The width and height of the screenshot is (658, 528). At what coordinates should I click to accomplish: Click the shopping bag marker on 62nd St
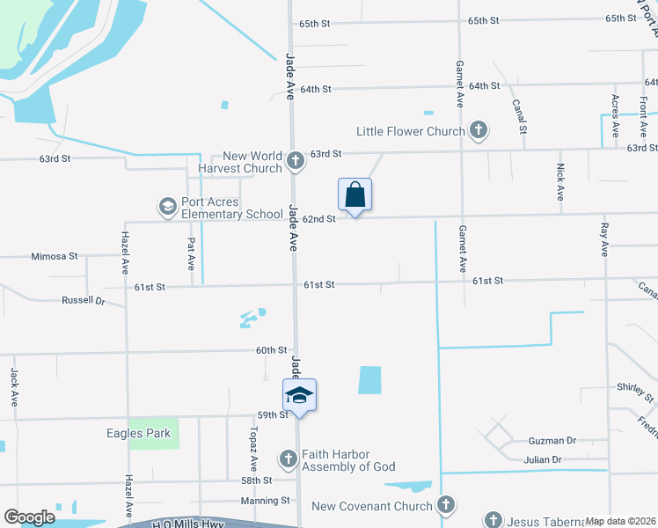point(355,195)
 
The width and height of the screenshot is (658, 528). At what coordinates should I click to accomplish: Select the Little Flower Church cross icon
point(479,131)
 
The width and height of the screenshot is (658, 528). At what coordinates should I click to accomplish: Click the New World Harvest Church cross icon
point(296,161)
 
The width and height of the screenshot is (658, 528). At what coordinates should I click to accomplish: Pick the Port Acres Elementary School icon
point(167,207)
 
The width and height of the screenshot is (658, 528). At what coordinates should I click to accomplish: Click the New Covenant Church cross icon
point(446,505)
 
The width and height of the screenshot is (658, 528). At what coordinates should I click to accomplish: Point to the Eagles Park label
point(106,433)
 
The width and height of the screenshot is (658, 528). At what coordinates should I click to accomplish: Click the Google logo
point(29,517)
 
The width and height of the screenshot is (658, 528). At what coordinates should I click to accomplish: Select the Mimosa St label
point(55,256)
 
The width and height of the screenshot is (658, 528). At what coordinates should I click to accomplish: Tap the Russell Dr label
point(83,300)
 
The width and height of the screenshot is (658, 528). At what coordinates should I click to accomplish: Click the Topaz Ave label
point(252,452)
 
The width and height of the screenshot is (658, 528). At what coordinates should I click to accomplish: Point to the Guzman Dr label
point(553,440)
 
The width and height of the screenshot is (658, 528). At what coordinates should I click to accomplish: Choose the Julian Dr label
point(543,459)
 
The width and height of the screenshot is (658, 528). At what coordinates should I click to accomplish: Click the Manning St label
point(267,500)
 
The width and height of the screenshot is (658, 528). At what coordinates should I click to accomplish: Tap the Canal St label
point(520,116)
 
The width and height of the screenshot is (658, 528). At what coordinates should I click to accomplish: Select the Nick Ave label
point(559,181)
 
